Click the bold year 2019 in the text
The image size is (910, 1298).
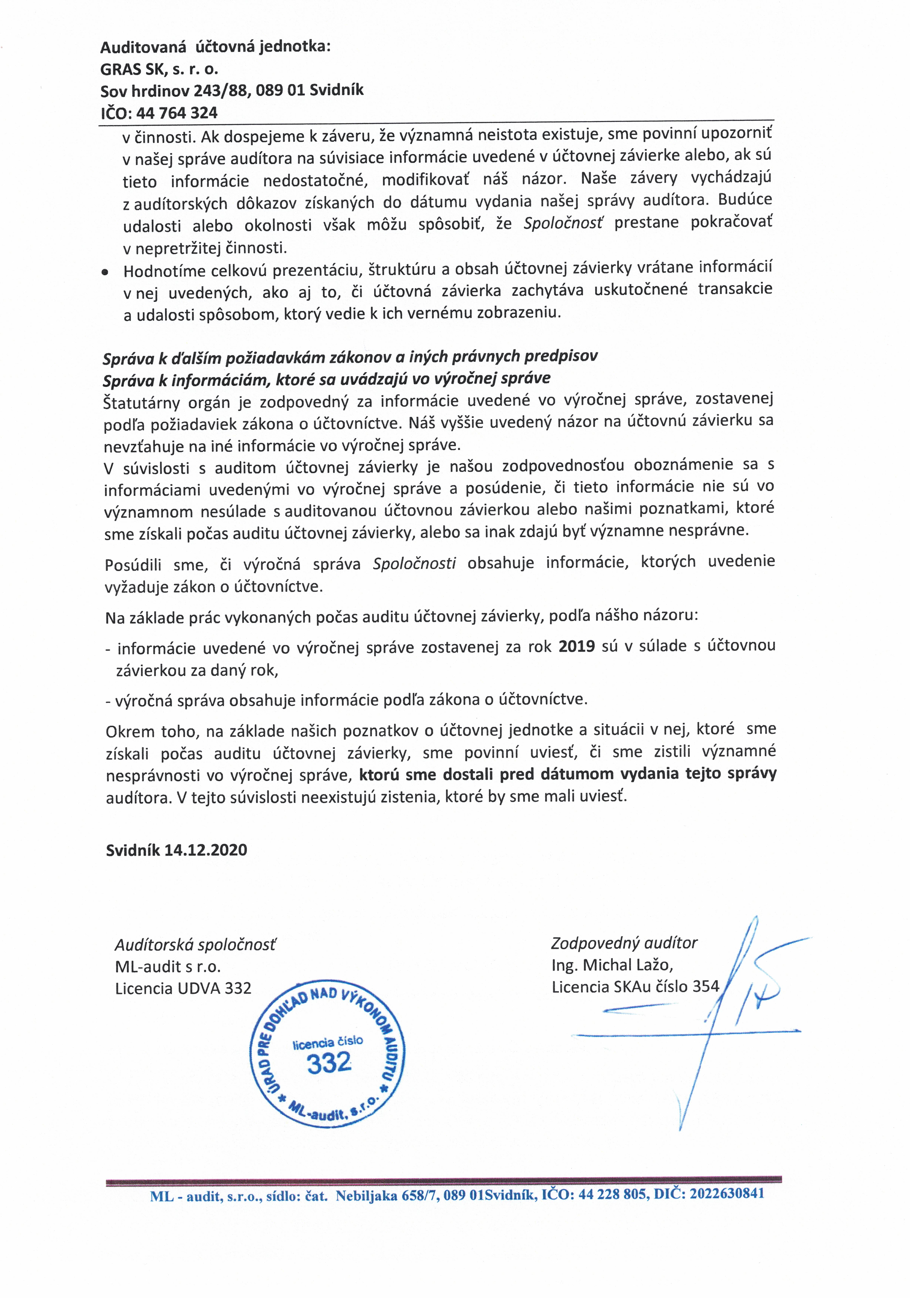point(577,646)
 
